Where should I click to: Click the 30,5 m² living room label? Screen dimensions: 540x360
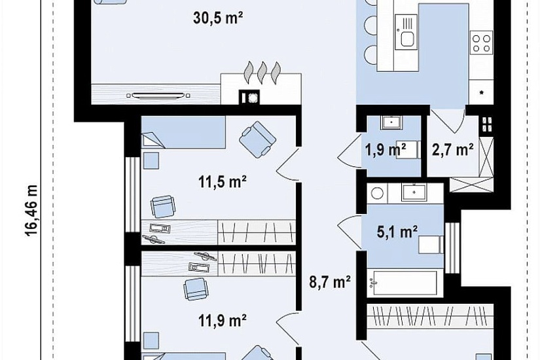coord(218,18)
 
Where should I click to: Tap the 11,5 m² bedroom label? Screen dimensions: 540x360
coord(222,181)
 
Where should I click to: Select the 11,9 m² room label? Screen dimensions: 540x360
coord(222,320)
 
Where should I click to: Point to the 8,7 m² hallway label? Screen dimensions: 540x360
coord(330,282)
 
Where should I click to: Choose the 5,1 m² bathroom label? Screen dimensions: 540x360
coord(397,232)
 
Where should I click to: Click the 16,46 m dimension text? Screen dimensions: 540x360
coord(31,211)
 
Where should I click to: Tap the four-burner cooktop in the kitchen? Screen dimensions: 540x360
coord(482,43)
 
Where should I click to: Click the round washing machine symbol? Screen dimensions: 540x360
coord(377,193)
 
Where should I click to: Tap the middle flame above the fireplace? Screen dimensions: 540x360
coord(262,73)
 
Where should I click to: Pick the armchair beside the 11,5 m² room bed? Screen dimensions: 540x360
coord(257,139)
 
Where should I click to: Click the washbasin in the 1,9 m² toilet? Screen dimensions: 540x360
coord(391,122)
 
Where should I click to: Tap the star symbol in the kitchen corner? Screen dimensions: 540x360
coord(482,93)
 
